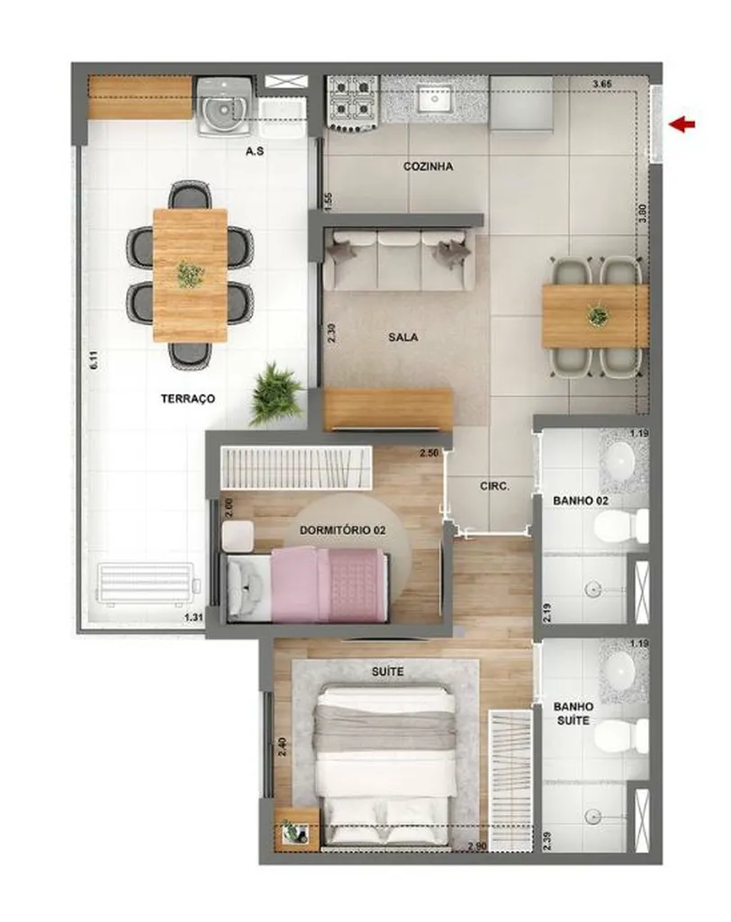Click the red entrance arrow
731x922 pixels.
(685, 125)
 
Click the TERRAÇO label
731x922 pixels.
(188, 398)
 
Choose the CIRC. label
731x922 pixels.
(494, 486)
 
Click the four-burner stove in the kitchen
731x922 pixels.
(353, 99)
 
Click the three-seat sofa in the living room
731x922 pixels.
(399, 259)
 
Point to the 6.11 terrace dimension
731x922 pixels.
(92, 362)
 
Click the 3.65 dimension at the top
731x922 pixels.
(603, 85)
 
